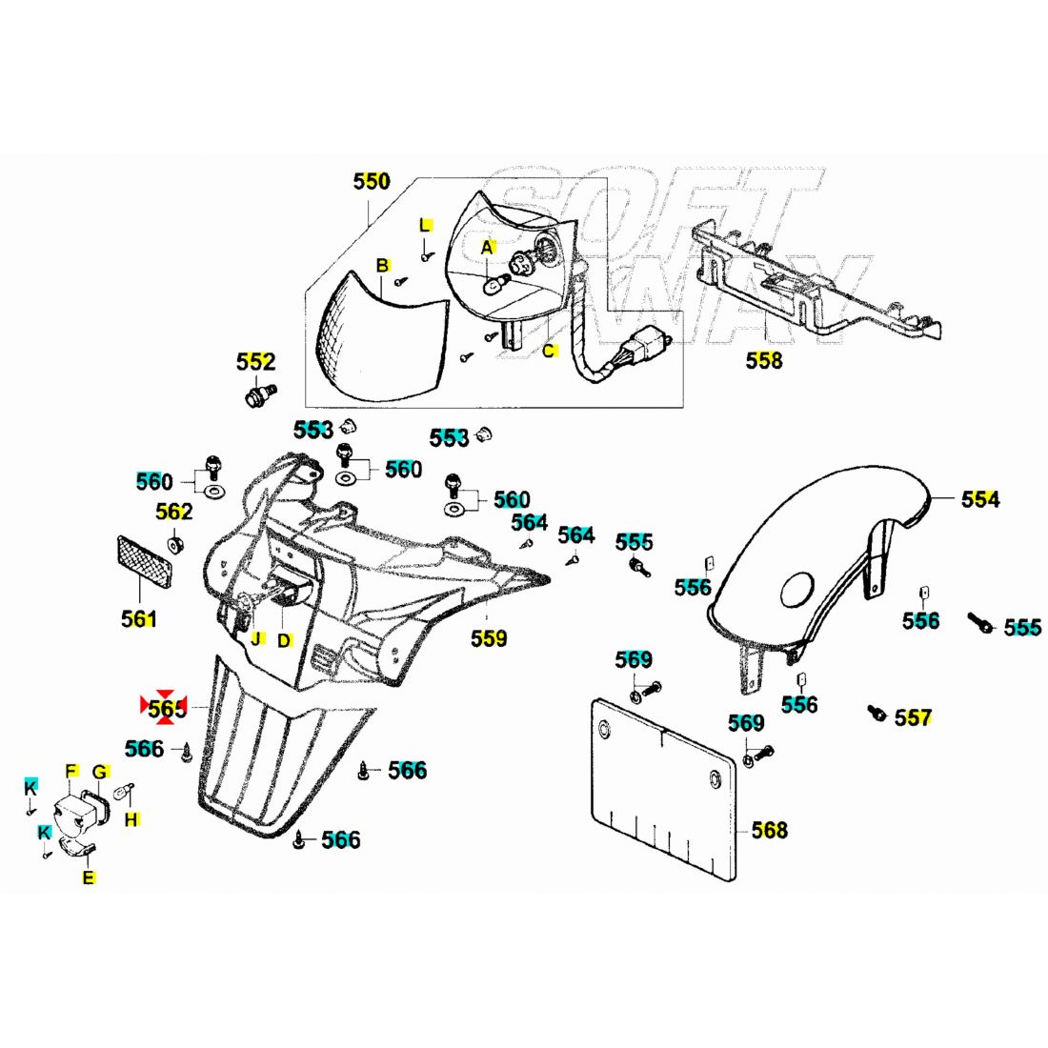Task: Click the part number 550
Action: pos(372,181)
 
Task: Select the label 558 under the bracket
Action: pos(764,360)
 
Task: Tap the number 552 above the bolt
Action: pos(255,362)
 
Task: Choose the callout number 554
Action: pos(980,499)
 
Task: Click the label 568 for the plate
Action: pos(770,830)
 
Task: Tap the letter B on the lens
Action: pos(381,265)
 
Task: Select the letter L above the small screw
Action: pos(426,225)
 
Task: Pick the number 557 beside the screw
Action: pos(913,717)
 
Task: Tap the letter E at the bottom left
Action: pos(89,877)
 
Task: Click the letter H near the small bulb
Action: pos(131,818)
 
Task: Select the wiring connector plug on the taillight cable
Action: pos(637,352)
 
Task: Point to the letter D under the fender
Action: pos(284,640)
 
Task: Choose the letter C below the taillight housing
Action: pos(549,351)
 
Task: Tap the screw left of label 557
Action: pos(876,713)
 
